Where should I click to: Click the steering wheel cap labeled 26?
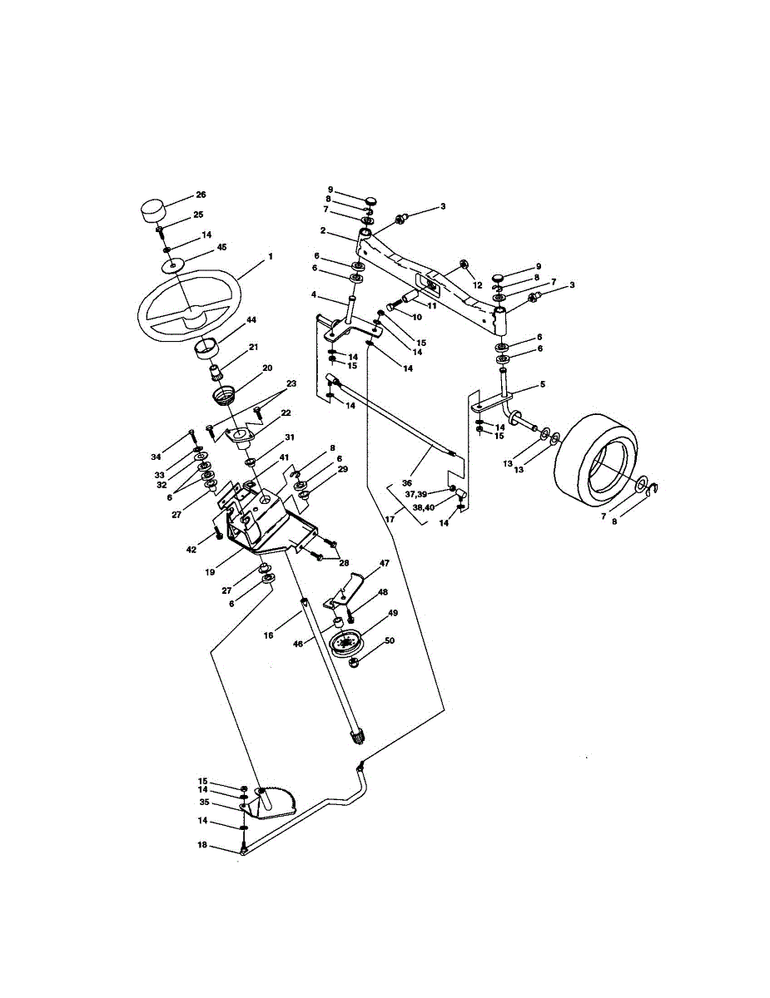152,210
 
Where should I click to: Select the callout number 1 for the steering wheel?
271,256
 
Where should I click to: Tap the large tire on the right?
598,456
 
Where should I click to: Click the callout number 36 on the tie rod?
407,482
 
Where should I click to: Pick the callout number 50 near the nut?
390,640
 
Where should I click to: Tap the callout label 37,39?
415,494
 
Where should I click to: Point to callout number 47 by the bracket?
384,563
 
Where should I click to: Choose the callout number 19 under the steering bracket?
210,572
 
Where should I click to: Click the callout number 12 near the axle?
477,285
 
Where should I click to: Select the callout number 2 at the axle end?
323,230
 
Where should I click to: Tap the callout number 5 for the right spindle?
543,384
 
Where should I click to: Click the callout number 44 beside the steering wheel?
251,319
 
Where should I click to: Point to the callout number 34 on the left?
156,457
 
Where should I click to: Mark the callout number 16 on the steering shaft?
268,635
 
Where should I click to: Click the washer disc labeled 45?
173,265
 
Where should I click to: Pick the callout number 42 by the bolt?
191,549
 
